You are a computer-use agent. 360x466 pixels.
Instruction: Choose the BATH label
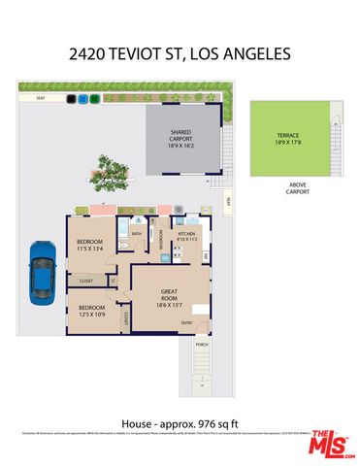coord(137,234)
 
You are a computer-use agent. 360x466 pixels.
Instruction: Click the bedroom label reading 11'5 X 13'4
coord(90,249)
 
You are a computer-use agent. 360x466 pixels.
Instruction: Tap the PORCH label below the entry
coord(202,345)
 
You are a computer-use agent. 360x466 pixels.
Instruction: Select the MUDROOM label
coord(160,243)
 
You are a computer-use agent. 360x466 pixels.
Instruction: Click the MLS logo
coord(330,443)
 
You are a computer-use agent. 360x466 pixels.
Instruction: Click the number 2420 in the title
coord(89,55)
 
